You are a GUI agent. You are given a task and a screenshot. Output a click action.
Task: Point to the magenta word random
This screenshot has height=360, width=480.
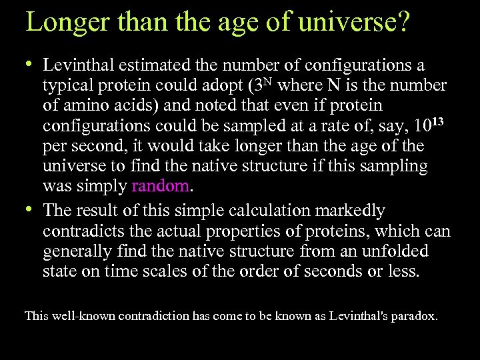[x=160, y=185]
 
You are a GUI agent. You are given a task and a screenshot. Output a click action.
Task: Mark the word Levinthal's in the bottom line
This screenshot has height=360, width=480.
[x=361, y=316]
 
